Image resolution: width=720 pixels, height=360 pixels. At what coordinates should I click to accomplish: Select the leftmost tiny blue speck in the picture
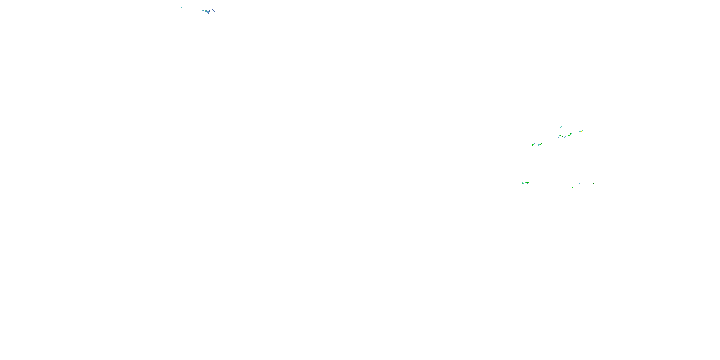(181, 7)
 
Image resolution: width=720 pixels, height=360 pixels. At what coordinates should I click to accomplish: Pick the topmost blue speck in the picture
(185, 6)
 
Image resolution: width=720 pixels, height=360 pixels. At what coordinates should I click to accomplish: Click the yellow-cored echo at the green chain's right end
(581, 131)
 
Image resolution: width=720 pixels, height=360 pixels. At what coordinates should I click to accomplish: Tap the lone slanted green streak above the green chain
(561, 127)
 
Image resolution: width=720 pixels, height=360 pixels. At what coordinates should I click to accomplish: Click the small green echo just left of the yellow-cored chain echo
(575, 132)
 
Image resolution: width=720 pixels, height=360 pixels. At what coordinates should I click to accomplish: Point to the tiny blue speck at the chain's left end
(558, 138)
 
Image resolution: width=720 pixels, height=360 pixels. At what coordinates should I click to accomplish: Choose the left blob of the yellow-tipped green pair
(533, 144)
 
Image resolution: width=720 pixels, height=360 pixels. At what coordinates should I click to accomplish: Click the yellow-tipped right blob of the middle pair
(540, 144)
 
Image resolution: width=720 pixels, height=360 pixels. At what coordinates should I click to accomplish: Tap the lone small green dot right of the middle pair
(552, 149)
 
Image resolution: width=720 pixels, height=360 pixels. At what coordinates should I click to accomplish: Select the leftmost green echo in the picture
(523, 183)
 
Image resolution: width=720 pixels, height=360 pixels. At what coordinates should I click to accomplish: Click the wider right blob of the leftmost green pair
(527, 182)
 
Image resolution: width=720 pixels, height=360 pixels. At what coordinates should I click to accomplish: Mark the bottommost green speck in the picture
(589, 189)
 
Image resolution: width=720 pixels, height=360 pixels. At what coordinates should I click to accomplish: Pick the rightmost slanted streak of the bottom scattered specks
(594, 183)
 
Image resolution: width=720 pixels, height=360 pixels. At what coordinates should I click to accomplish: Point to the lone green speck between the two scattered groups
(578, 168)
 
